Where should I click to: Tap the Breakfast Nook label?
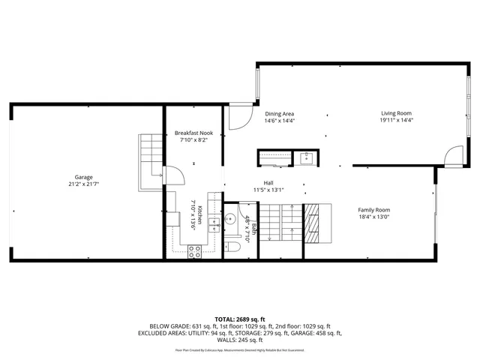tap(193, 132)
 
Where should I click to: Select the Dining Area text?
tap(279, 113)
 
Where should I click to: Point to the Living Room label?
tap(396, 113)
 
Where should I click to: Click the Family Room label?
tap(373, 210)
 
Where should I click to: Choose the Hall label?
tap(268, 183)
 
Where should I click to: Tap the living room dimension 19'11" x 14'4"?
tap(396, 120)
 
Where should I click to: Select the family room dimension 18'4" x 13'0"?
tap(373, 217)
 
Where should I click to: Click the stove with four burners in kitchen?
tap(193, 253)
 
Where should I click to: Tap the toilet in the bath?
tap(233, 247)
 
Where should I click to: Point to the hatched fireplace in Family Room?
tap(314, 223)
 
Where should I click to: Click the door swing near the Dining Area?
tap(239, 117)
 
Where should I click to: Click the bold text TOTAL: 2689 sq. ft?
tap(240, 319)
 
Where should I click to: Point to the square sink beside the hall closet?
tap(306, 157)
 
